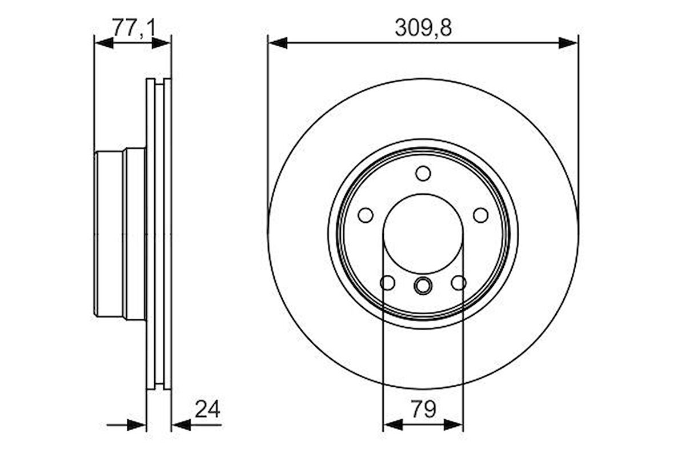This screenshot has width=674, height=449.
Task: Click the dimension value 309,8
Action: click(x=423, y=28)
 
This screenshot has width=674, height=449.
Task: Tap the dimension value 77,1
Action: click(x=133, y=28)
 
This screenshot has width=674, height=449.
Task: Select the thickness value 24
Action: click(x=207, y=409)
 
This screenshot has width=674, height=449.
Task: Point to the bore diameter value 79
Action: click(x=423, y=409)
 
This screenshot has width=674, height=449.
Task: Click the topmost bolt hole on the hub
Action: click(x=423, y=173)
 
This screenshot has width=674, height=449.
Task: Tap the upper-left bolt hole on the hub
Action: click(x=366, y=215)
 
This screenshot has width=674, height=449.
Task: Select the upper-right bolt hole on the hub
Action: click(x=481, y=215)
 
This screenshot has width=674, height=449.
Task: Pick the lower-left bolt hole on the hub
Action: click(x=387, y=282)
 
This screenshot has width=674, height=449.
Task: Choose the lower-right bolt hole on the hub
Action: click(x=459, y=282)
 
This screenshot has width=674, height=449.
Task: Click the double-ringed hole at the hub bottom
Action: click(x=423, y=285)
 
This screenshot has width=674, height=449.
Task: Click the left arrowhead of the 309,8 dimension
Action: click(x=277, y=43)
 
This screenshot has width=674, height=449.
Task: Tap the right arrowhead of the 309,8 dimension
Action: click(x=569, y=43)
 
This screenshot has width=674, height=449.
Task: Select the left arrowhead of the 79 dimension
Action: click(x=392, y=424)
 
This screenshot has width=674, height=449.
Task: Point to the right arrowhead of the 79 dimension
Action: click(x=454, y=424)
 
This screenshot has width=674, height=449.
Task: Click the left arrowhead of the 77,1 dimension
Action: click(x=103, y=43)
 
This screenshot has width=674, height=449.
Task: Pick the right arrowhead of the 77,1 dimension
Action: click(x=162, y=43)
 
